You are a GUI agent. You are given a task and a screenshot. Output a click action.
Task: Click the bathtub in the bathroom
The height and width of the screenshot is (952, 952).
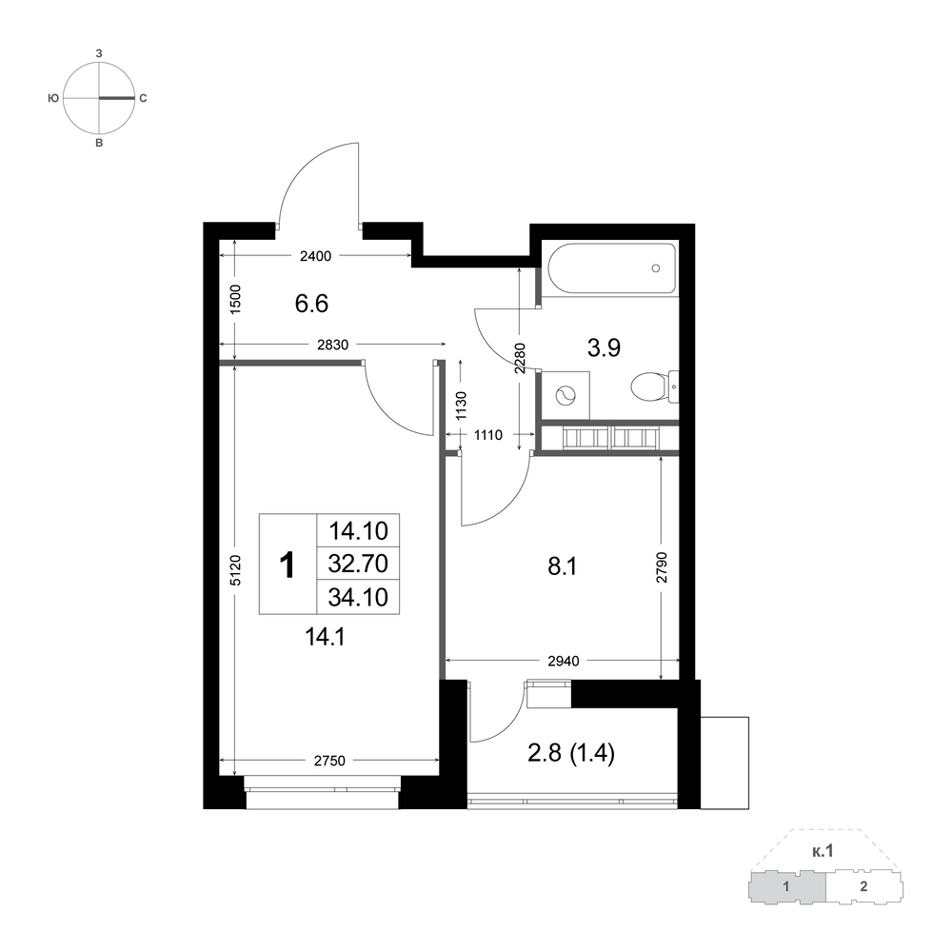(x=612, y=268)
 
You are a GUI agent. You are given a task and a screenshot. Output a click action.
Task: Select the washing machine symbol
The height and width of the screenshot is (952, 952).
(x=565, y=395)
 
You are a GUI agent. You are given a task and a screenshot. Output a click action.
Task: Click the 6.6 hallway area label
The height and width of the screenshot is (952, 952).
(x=311, y=303)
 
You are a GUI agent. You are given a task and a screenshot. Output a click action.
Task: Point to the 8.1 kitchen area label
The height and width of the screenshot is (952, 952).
(x=563, y=566)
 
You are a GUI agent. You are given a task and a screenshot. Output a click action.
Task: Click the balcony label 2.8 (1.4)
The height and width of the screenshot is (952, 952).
(x=571, y=753)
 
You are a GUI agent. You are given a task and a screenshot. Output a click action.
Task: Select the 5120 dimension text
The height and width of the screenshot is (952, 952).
(x=236, y=569)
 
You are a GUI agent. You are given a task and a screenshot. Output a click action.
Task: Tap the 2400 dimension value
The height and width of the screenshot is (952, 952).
(x=316, y=256)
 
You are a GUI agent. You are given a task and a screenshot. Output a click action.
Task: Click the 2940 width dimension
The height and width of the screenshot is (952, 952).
(x=564, y=661)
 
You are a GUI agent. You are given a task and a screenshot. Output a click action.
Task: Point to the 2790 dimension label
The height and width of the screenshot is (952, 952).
(x=662, y=567)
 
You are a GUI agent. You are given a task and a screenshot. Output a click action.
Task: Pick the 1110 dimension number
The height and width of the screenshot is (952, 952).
(x=488, y=435)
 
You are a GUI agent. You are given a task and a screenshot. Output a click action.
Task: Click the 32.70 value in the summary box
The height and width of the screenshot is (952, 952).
(x=358, y=564)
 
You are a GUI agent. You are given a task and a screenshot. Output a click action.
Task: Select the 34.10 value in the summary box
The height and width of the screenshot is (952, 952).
(x=358, y=598)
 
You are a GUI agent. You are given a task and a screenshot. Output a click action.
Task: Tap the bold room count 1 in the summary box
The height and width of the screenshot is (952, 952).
(x=287, y=565)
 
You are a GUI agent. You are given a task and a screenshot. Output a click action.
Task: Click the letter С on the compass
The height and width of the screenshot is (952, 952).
(x=144, y=98)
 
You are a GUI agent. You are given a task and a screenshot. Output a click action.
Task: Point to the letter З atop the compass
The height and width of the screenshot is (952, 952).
(x=99, y=53)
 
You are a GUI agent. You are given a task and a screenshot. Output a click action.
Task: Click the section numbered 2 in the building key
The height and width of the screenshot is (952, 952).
(x=864, y=886)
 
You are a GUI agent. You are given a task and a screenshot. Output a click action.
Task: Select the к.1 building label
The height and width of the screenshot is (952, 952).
(x=823, y=852)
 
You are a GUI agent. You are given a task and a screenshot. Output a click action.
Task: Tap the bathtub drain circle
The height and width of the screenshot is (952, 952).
(x=656, y=268)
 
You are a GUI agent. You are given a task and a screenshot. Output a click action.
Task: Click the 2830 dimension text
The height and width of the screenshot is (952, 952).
(x=332, y=345)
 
